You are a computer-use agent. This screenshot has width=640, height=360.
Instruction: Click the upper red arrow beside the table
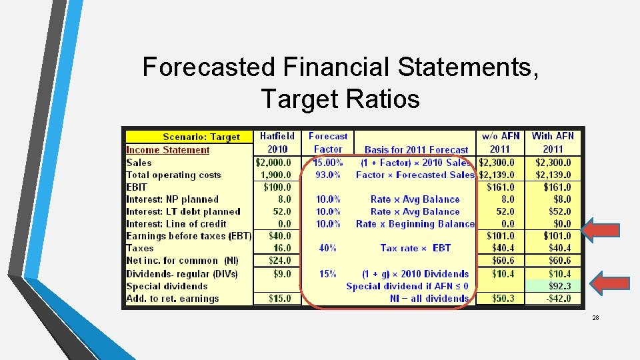[x=601, y=230]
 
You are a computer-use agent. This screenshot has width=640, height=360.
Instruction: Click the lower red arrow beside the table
[x=601, y=283]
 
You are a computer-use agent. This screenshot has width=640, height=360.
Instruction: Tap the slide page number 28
[x=595, y=318]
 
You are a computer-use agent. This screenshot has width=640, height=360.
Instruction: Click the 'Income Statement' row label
[x=168, y=150]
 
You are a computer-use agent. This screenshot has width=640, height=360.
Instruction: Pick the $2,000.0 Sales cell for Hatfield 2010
[x=274, y=163]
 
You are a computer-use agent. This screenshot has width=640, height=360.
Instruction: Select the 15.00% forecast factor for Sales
[x=329, y=163]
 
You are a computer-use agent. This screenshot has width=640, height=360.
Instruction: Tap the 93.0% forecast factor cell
[x=328, y=175]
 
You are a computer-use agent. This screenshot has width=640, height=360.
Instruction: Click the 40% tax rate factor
[x=327, y=248]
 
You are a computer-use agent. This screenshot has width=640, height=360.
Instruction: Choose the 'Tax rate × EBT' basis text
[x=415, y=248]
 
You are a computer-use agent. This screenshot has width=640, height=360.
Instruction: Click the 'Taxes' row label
[x=140, y=248]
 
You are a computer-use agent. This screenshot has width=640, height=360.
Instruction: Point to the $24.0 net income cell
[x=279, y=261]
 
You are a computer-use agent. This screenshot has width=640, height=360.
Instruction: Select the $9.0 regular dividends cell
[x=282, y=273]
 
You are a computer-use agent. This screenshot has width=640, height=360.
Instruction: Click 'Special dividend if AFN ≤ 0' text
[x=407, y=286]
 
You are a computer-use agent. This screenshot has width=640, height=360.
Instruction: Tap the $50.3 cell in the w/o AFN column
[x=503, y=299]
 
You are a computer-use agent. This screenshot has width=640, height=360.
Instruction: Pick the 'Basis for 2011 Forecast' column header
[x=416, y=150]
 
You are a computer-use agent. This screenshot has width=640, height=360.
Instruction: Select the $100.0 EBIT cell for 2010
[x=277, y=187]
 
